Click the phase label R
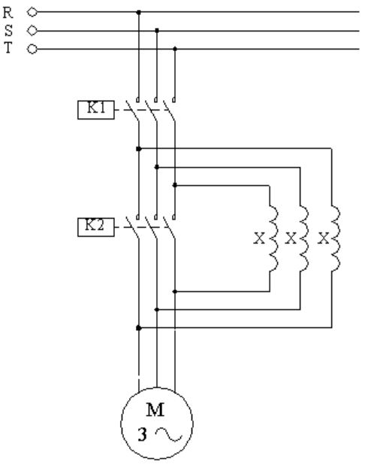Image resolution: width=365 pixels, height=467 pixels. (8, 13)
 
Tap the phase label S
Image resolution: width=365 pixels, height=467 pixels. (8, 30)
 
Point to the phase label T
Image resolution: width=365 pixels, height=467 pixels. (8, 47)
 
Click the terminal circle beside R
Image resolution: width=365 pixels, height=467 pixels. (32, 12)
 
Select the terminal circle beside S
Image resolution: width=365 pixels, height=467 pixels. (32, 31)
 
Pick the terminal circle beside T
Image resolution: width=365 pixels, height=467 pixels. (32, 49)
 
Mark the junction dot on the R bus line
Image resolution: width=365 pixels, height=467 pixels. (139, 12)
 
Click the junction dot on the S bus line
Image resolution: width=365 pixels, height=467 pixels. (157, 30)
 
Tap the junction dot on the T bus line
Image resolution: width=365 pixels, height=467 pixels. (175, 49)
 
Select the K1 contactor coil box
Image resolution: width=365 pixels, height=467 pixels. (96, 110)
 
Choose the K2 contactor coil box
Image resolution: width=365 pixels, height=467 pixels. (96, 227)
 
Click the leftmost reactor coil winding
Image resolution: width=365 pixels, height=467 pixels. (273, 238)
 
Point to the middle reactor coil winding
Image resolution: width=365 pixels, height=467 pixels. (304, 238)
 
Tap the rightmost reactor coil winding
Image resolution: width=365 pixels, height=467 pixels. (336, 238)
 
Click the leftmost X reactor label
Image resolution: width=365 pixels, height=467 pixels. (259, 238)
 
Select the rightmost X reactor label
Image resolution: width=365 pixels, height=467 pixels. (324, 238)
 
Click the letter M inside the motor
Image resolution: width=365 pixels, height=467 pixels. (155, 410)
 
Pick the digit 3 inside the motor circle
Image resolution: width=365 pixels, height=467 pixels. (142, 435)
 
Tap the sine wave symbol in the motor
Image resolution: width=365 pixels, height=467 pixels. (169, 434)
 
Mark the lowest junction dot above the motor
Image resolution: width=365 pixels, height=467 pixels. (139, 328)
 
